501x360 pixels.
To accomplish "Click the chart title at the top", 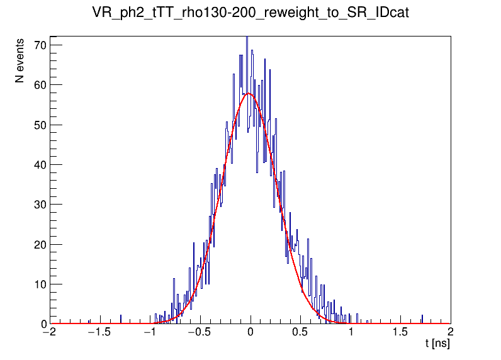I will (x=250, y=13).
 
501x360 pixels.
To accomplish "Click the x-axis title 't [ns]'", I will (x=437, y=344).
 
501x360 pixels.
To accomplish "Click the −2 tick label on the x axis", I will (x=49, y=332).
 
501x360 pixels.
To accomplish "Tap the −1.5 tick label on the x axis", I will (x=98, y=332).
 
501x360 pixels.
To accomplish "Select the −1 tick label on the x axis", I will (x=149, y=332).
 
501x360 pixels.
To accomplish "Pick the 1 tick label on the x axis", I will (x=351, y=332).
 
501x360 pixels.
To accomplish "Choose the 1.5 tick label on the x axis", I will (x=400, y=332).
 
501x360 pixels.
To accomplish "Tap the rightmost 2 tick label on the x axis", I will (x=451, y=332).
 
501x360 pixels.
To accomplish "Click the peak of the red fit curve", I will (x=249, y=94).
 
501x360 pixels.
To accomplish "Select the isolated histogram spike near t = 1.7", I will (x=422, y=318).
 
